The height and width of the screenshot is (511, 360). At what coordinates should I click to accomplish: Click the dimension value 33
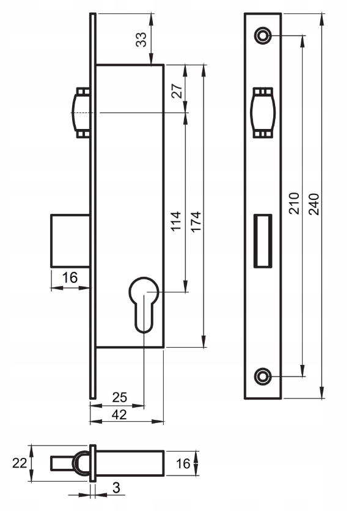[141, 40]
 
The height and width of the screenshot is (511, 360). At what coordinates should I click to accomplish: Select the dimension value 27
[177, 91]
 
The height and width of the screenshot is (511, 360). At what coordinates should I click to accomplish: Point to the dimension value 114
[176, 221]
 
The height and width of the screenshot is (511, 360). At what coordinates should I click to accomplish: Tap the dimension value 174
[196, 222]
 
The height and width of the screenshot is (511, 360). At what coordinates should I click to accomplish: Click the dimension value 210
[294, 204]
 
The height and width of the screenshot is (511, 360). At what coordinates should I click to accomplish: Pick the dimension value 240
[314, 204]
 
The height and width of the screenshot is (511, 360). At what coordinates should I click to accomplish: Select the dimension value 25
[120, 397]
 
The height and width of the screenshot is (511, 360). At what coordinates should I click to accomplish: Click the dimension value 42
[119, 414]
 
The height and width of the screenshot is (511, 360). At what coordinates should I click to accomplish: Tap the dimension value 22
[20, 463]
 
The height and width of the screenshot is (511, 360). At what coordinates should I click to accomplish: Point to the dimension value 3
[116, 488]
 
